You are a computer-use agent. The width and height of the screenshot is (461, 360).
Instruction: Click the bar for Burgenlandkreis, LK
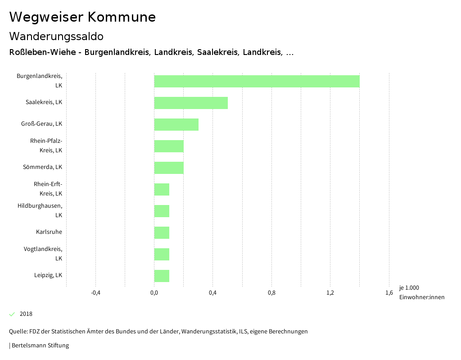tap(257, 81)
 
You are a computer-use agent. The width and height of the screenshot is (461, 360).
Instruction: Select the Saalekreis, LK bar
tap(191, 103)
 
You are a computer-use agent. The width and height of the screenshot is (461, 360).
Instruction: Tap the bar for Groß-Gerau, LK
tap(176, 124)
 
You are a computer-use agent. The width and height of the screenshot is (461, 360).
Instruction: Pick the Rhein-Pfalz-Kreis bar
tap(169, 146)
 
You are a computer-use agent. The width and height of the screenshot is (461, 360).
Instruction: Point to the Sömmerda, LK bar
tap(169, 168)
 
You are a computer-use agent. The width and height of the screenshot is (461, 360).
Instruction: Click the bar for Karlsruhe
tap(162, 232)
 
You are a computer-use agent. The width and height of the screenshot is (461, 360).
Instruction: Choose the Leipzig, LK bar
tap(162, 276)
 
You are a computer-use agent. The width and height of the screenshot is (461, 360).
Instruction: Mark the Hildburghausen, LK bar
tap(162, 211)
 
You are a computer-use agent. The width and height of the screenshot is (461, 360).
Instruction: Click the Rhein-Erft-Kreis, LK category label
tap(48, 189)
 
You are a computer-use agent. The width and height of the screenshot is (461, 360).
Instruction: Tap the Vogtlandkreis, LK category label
tap(43, 254)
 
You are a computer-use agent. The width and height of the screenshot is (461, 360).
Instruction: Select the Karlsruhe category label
tap(49, 232)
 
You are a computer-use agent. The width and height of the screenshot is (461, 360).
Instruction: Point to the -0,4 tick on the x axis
tap(95, 293)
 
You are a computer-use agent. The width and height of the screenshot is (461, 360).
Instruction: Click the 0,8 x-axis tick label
tap(271, 293)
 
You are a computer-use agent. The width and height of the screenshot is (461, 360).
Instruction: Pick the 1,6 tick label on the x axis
tap(389, 293)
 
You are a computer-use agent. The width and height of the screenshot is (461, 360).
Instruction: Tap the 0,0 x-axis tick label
tap(154, 293)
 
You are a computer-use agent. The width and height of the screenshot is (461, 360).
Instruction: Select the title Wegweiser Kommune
tap(82, 17)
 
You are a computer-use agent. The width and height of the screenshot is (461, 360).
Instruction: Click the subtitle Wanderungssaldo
tap(56, 36)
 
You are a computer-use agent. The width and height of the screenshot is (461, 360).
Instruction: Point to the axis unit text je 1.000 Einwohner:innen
tap(421, 292)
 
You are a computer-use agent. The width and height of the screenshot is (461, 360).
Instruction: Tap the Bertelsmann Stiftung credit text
tap(40, 346)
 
